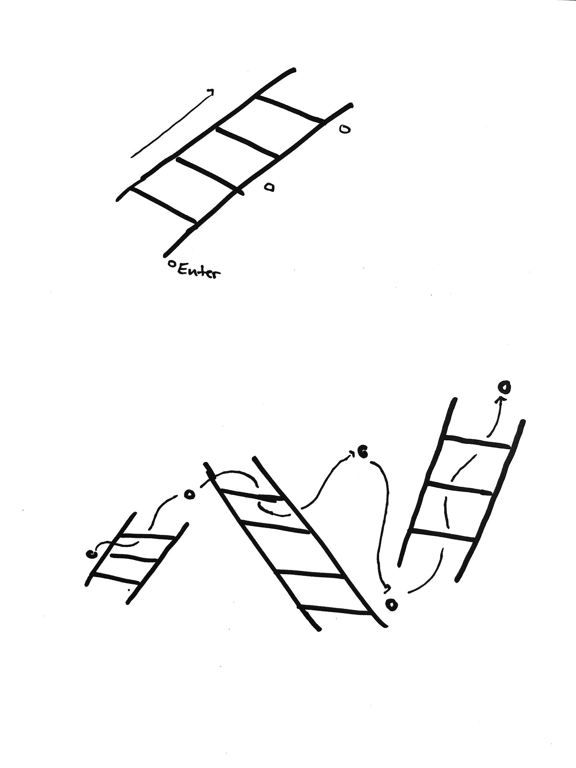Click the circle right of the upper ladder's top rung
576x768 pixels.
[345, 129]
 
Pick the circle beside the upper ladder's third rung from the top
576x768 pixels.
[269, 187]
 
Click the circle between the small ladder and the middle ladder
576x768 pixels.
[189, 495]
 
